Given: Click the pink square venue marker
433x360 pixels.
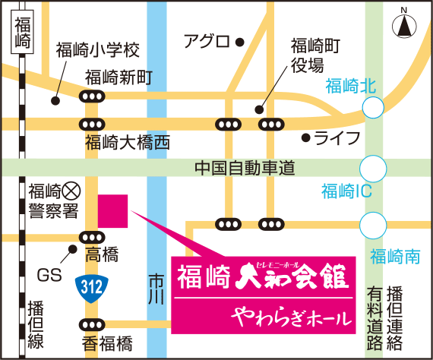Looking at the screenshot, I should (113, 210).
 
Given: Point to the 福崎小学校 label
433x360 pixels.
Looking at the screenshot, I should (98, 51).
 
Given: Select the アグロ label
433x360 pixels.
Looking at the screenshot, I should (207, 42).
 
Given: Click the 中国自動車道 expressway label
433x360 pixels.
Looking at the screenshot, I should (244, 167).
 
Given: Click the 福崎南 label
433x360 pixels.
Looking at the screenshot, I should (394, 257).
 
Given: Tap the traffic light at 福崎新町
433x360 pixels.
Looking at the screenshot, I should (92, 96).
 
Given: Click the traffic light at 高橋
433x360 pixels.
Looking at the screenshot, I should (92, 236).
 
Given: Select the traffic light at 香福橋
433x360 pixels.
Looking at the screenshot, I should (92, 325).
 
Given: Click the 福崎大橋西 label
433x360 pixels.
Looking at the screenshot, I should (128, 142).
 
